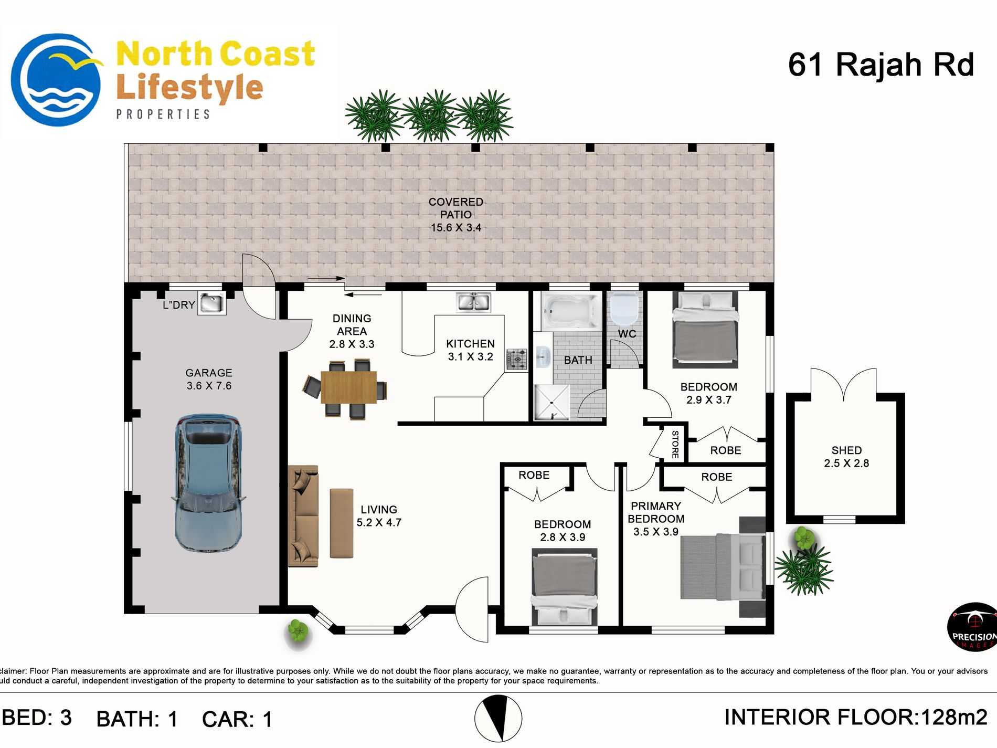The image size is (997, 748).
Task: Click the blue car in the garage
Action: (208, 483)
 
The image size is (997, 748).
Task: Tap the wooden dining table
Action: (349, 387)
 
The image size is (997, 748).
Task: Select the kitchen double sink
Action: (474, 302)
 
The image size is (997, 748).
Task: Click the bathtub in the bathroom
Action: (571, 311)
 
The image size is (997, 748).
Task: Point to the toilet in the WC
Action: (624, 310)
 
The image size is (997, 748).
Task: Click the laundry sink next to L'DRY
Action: (212, 303)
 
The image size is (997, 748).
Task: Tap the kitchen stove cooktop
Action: (517, 360)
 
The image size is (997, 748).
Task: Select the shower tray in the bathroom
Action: (551, 403)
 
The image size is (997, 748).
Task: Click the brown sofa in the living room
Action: (303, 516)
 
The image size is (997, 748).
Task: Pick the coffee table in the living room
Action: (342, 523)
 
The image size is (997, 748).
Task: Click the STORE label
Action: (675, 444)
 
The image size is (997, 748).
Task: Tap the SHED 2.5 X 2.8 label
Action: (846, 457)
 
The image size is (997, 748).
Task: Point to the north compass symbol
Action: (498, 719)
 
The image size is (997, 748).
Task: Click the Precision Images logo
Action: (972, 627)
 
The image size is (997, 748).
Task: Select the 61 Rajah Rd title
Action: (881, 65)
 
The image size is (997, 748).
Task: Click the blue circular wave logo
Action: (57, 80)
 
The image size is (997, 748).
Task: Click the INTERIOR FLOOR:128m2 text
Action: (856, 717)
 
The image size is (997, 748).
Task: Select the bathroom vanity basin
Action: (543, 358)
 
